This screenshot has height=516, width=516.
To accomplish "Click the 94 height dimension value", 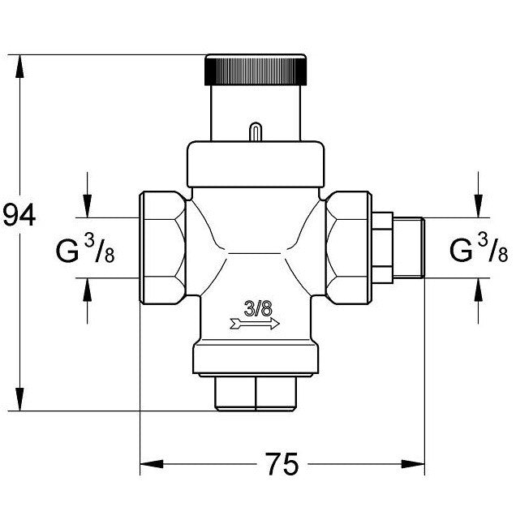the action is (19, 215).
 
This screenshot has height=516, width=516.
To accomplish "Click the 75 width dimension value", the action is (282, 464).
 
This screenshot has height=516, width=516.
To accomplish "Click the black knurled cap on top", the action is (256, 70).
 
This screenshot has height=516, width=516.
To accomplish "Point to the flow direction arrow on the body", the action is (255, 324).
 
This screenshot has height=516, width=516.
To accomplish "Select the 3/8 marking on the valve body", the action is (258, 308).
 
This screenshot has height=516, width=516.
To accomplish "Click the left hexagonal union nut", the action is (162, 247).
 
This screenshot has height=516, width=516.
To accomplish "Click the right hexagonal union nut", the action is (349, 247).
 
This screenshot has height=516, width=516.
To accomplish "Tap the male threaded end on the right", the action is (409, 247).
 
